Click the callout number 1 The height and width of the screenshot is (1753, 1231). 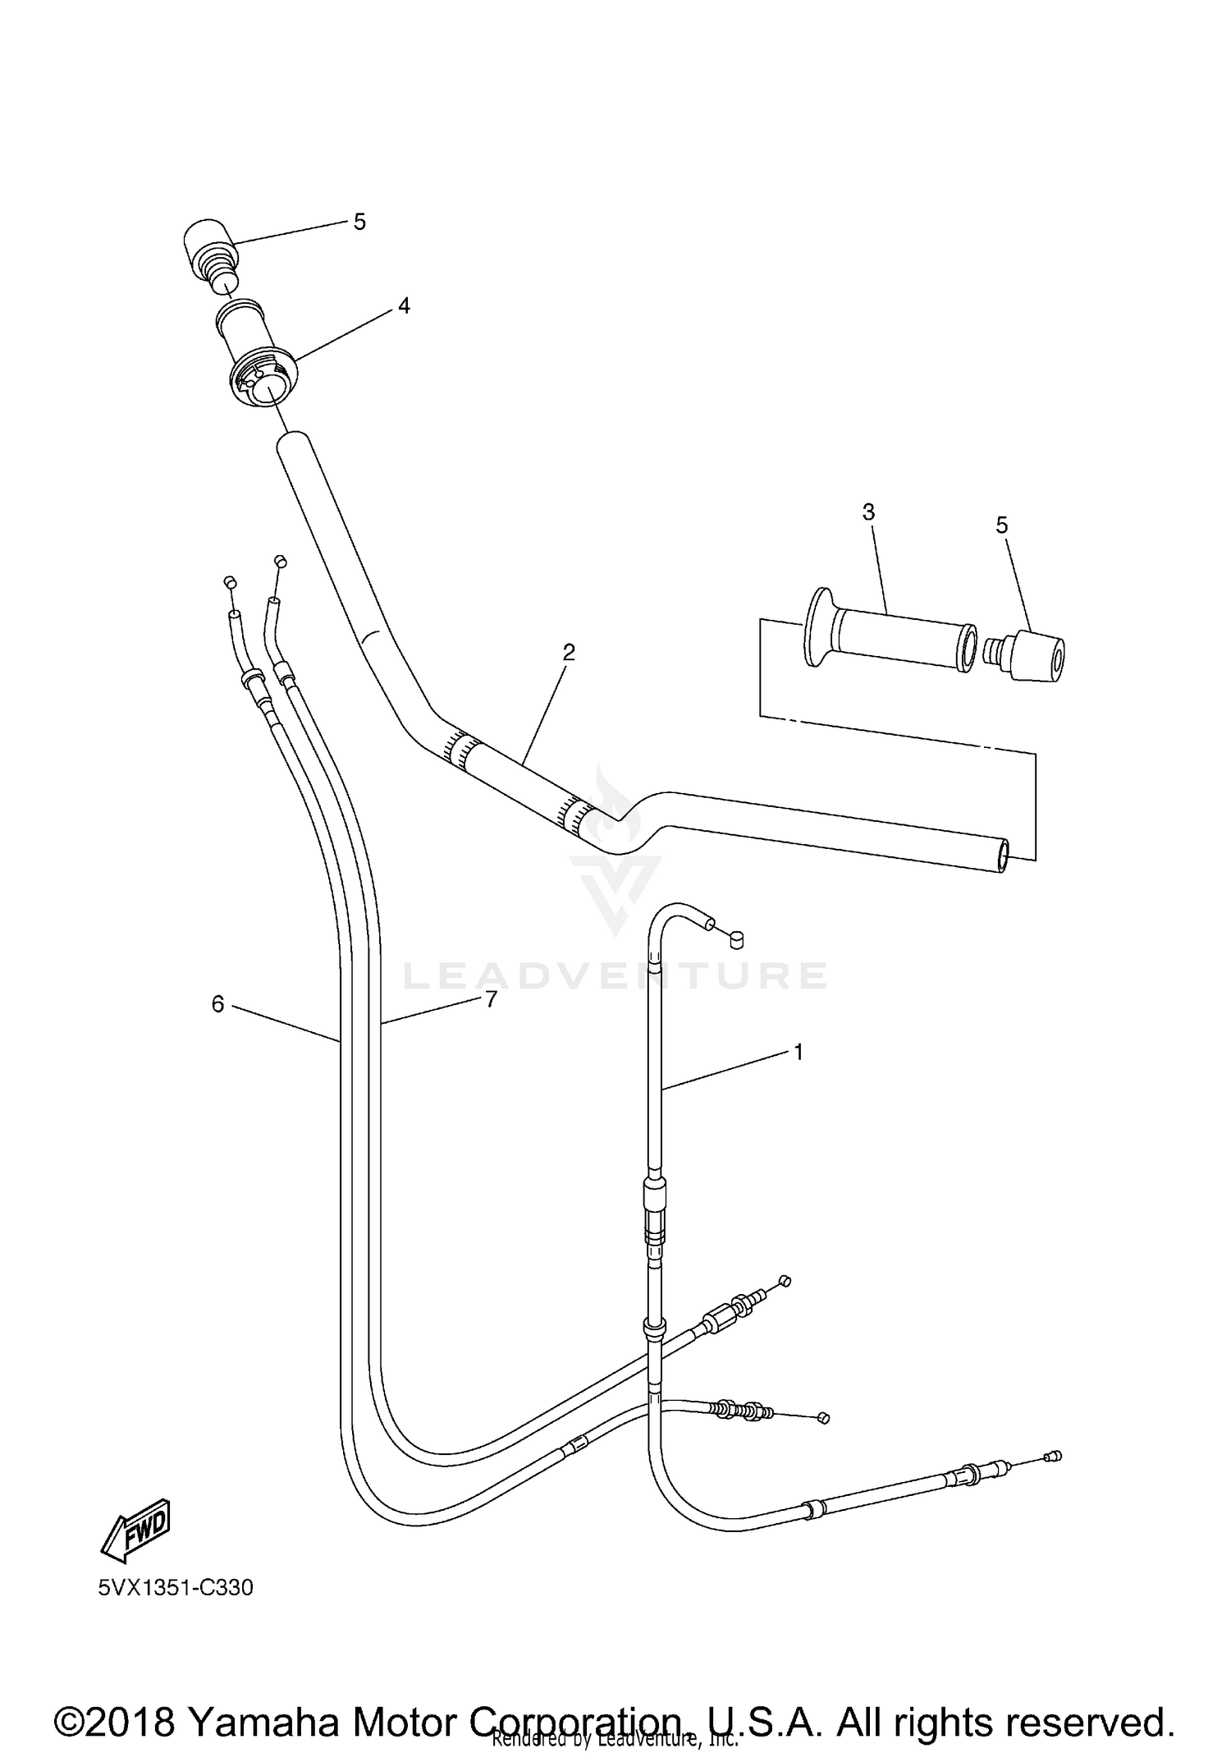pos(798,1052)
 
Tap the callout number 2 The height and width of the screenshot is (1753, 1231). pos(568,653)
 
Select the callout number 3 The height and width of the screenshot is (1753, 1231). pos(868,512)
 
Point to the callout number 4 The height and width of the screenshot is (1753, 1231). pos(403,306)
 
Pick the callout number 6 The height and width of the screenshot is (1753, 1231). pos(217,1003)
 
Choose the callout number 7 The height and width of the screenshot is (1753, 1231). pos(491,999)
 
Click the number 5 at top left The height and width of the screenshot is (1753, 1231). pos(359,222)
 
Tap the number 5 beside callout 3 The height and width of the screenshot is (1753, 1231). pos(1001,525)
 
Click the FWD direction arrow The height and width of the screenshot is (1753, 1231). pos(136,1526)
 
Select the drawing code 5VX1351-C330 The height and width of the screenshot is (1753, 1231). pos(176,1588)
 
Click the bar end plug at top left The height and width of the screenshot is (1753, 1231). pos(208,250)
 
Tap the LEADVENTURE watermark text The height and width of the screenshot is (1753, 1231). pos(615,975)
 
